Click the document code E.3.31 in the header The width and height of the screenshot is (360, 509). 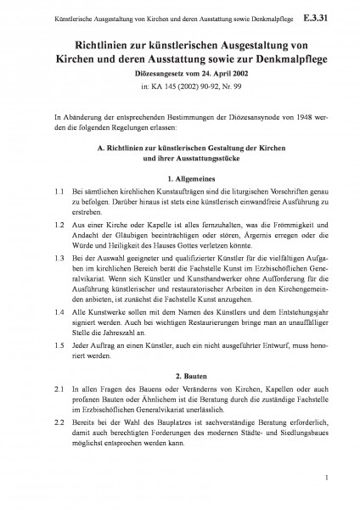[x=328, y=15]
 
